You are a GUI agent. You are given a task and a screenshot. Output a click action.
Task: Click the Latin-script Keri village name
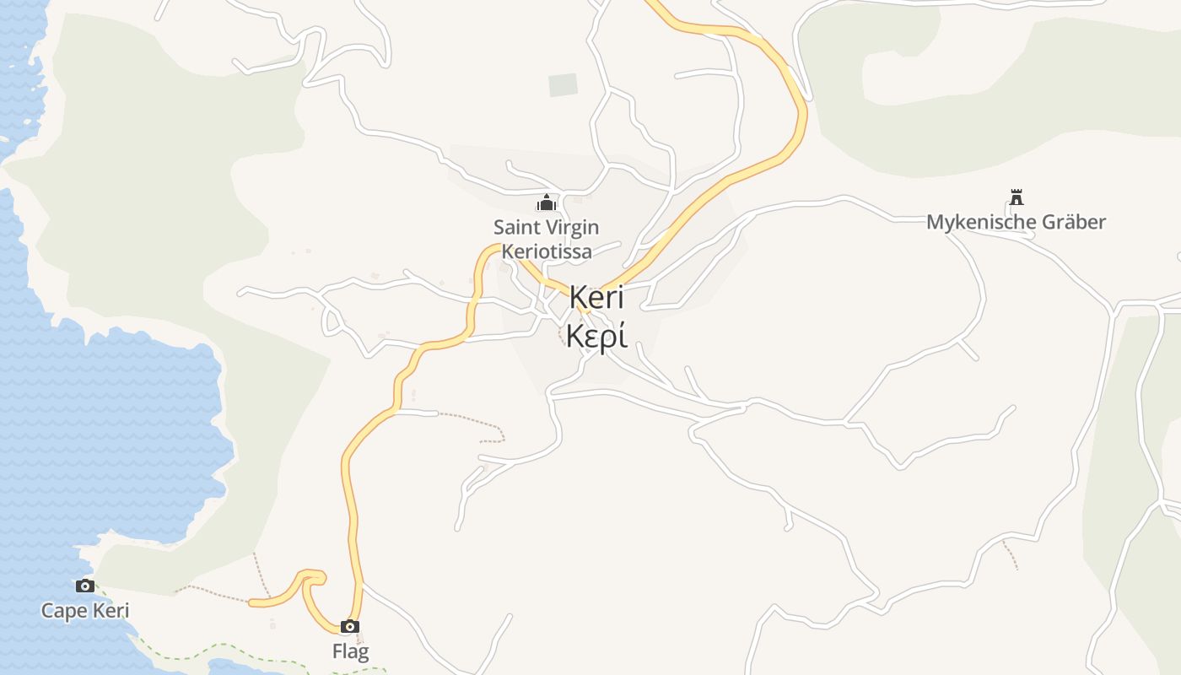click(x=596, y=297)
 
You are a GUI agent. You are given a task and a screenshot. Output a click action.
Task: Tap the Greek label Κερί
click(x=596, y=336)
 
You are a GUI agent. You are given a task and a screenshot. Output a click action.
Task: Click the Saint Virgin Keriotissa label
click(x=547, y=239)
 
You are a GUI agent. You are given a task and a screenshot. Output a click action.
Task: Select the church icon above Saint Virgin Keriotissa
click(x=547, y=202)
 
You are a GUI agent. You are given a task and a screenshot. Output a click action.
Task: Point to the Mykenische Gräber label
click(x=1016, y=222)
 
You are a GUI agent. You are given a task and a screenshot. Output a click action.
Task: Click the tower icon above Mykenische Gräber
click(x=1017, y=197)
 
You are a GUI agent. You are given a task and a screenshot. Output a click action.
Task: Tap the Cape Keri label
click(x=85, y=610)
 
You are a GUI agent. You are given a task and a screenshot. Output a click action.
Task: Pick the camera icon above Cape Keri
click(x=84, y=586)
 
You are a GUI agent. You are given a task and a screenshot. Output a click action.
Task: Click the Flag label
click(x=350, y=651)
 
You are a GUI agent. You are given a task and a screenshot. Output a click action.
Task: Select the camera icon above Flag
click(x=350, y=626)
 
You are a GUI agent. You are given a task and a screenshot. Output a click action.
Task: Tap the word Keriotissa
click(x=547, y=251)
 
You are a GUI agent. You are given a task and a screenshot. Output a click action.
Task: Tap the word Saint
click(x=517, y=227)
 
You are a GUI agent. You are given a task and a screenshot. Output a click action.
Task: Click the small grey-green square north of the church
click(x=563, y=85)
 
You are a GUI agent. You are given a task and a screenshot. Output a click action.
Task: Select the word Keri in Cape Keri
click(x=111, y=610)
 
